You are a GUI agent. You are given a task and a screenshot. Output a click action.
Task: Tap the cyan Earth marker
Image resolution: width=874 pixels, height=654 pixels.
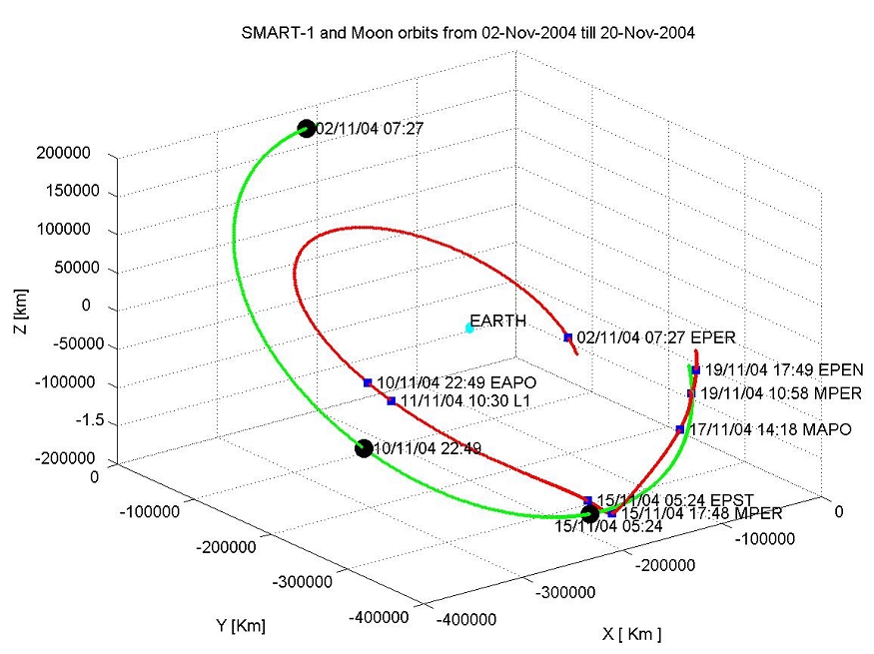(x=469, y=327)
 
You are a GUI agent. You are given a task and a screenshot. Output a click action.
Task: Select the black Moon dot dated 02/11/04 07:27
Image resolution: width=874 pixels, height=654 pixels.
(x=307, y=128)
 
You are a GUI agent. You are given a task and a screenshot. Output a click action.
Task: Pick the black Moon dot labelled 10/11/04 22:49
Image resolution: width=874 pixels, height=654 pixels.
(x=364, y=449)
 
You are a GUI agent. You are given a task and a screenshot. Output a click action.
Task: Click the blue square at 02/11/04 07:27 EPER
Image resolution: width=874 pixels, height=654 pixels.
(x=567, y=337)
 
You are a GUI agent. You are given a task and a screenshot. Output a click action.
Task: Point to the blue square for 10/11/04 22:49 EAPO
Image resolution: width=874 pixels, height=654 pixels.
(x=368, y=382)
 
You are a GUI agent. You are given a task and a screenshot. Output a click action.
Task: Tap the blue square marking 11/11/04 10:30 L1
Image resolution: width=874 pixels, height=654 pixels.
(x=392, y=401)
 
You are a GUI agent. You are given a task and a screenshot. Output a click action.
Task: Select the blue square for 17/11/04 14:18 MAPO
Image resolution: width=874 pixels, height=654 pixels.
(x=680, y=429)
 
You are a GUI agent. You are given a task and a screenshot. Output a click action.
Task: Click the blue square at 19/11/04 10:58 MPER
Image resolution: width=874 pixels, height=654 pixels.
(x=691, y=393)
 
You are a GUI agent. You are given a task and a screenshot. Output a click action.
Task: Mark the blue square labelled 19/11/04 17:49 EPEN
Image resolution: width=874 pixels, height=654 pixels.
(x=695, y=370)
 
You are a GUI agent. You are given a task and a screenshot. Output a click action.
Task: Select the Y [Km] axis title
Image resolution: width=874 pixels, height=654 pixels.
(x=241, y=626)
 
